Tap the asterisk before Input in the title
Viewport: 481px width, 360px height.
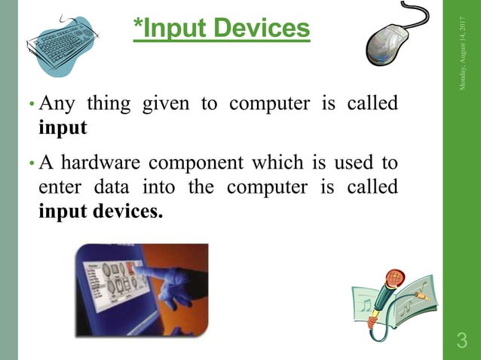click(x=138, y=25)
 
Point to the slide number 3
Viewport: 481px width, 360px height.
click(x=461, y=341)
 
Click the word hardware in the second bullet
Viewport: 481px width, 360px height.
click(x=94, y=162)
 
